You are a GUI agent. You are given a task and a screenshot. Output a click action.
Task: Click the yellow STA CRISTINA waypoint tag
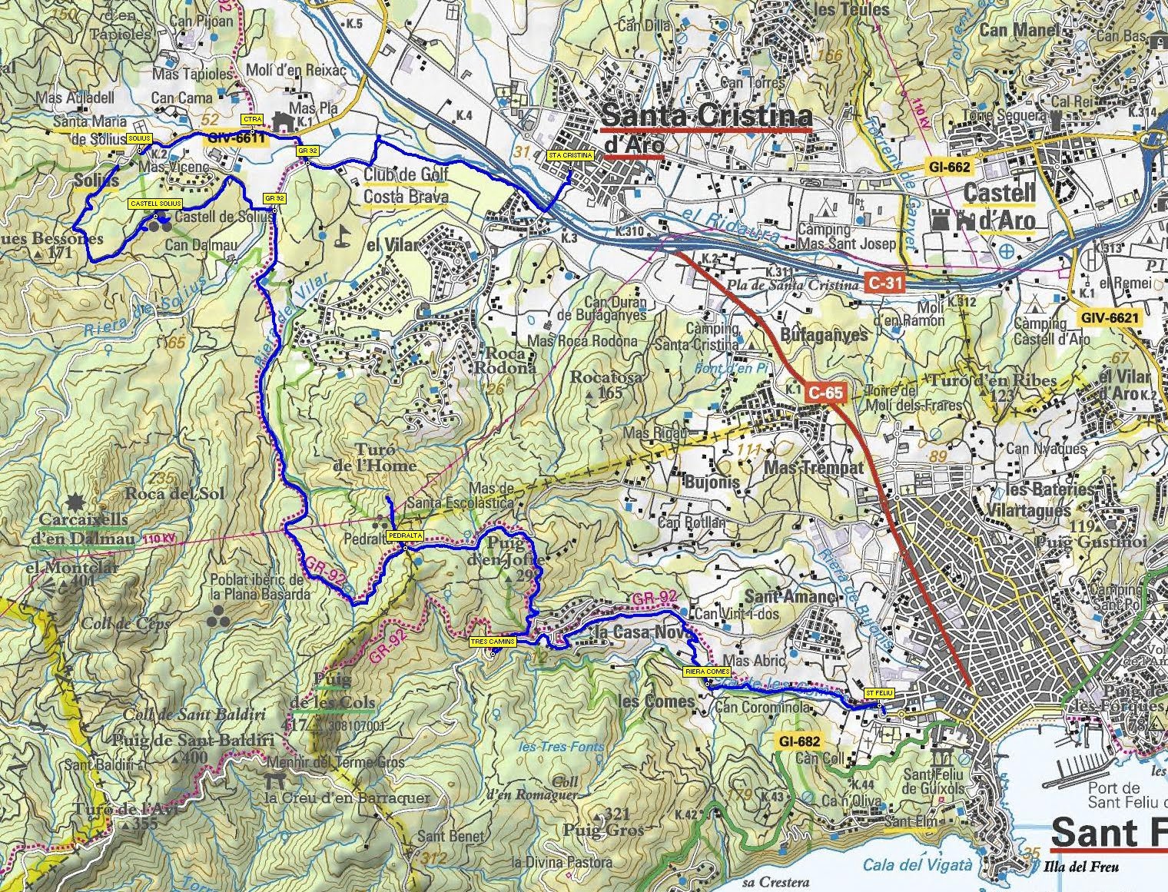click(x=570, y=155)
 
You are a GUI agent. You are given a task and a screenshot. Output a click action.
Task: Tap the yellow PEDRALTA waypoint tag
click(x=402, y=533)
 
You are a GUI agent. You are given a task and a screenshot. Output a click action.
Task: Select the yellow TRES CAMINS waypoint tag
click(x=492, y=640)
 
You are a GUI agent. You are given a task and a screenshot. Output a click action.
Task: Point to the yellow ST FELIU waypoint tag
click(x=879, y=691)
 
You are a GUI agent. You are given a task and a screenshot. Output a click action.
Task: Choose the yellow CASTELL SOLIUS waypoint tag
click(x=155, y=204)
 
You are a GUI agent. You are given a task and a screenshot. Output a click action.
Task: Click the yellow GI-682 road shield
click(x=798, y=741)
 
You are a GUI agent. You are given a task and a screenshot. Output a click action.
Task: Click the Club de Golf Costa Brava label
click(x=406, y=185)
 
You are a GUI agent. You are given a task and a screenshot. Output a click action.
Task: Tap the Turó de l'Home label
click(x=385, y=457)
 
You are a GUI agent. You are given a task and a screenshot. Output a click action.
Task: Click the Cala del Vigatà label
click(x=917, y=865)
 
